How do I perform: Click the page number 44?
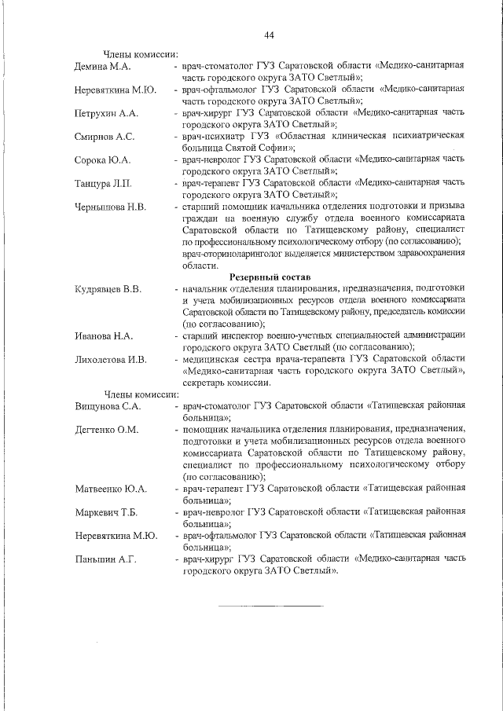[x=269, y=35]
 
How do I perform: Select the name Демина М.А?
[x=102, y=66]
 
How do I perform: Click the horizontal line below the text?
[x=270, y=606]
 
